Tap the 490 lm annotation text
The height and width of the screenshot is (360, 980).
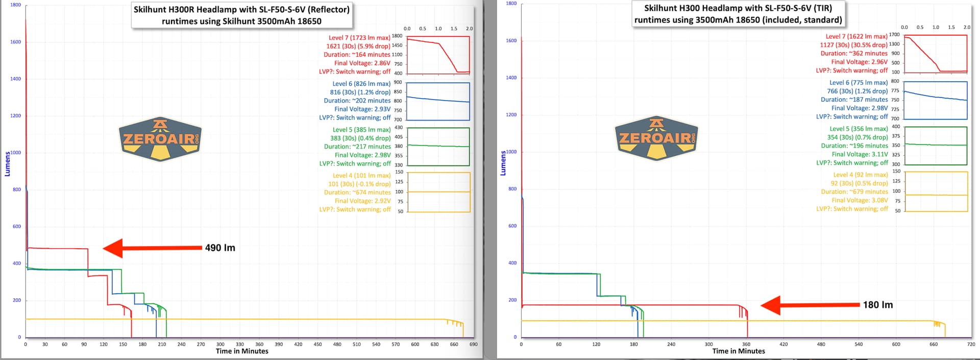pos(220,248)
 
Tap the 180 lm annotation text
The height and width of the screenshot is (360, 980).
pos(878,305)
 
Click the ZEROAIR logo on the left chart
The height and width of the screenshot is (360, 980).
pos(161,138)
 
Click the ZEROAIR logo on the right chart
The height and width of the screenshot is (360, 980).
pos(656,137)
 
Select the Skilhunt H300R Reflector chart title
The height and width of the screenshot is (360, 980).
pos(241,15)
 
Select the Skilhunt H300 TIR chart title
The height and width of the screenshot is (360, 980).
pos(738,14)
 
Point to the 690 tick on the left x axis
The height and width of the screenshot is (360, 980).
pos(473,344)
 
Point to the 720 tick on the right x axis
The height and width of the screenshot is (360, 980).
pos(971,344)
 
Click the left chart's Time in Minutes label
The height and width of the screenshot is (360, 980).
pos(242,351)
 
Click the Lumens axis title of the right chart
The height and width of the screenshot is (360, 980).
pos(503,163)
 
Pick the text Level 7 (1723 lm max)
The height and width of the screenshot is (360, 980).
pos(359,38)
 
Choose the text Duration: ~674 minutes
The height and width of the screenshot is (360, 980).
pos(357,193)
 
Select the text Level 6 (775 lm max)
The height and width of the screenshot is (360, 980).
pos(859,83)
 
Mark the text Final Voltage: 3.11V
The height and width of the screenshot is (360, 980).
pos(860,154)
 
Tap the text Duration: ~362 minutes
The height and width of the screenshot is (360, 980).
pos(854,54)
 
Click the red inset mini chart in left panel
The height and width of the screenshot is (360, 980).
pos(438,55)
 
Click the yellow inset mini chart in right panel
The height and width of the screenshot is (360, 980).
pos(936,191)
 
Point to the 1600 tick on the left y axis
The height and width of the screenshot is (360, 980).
pos(16,42)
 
